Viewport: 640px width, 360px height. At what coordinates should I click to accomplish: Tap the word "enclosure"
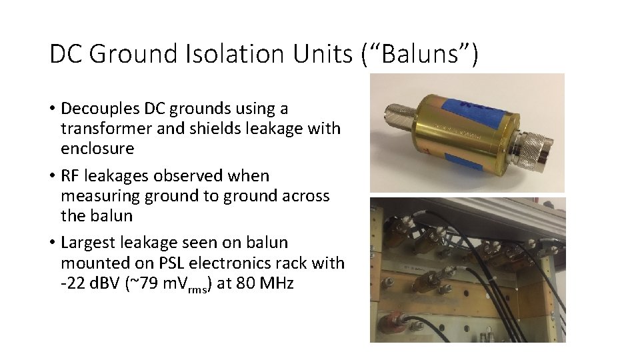97,148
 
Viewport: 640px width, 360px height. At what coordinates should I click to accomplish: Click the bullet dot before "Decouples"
51,109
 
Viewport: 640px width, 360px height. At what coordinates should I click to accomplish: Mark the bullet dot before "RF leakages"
51,177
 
